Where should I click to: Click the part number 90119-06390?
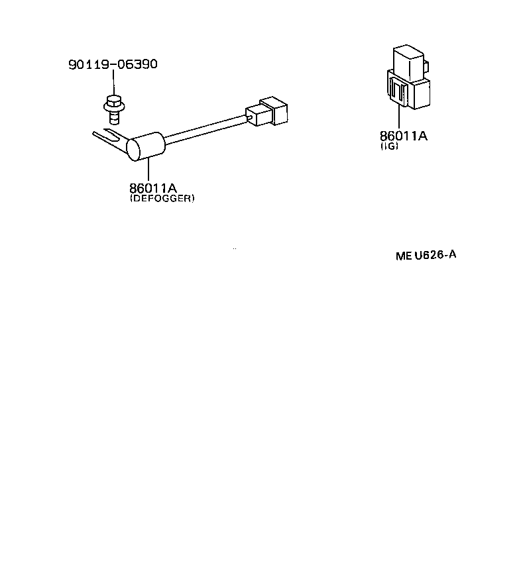click(x=113, y=64)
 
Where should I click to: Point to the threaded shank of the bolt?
click(x=114, y=117)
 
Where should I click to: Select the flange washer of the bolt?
click(x=114, y=107)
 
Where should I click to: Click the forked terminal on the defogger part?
click(x=109, y=137)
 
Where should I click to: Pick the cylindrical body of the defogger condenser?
click(x=146, y=146)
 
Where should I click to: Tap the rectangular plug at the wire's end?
click(x=266, y=111)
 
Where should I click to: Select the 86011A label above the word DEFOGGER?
click(x=153, y=188)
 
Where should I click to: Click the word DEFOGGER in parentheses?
click(x=162, y=198)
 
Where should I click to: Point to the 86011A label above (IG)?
click(x=404, y=136)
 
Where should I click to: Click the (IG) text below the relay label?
click(x=390, y=146)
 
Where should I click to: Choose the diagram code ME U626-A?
click(x=426, y=255)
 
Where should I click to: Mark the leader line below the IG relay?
click(x=399, y=118)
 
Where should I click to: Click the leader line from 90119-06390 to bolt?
click(x=113, y=83)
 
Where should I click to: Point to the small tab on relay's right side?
click(x=426, y=66)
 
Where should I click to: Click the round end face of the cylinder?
click(x=133, y=150)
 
